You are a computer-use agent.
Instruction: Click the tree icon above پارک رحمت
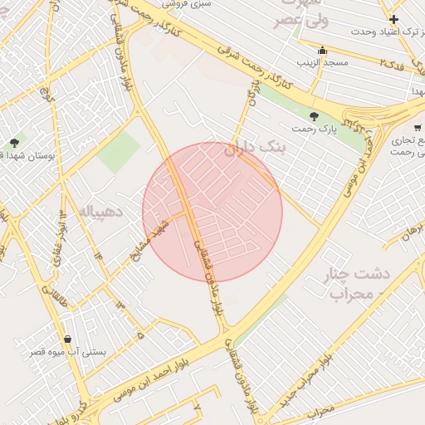pos(314,116)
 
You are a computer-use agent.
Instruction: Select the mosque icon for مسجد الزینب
pos(322,51)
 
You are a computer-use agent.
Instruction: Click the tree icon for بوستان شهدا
pos(14,143)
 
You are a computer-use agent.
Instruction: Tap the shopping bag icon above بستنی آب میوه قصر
pos(67,340)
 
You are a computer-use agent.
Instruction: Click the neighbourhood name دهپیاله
pos(100,212)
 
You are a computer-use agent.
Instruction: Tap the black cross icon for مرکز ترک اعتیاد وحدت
pos(393,19)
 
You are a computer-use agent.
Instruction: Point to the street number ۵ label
pos(139,335)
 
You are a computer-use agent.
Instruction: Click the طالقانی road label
pos(41,282)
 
